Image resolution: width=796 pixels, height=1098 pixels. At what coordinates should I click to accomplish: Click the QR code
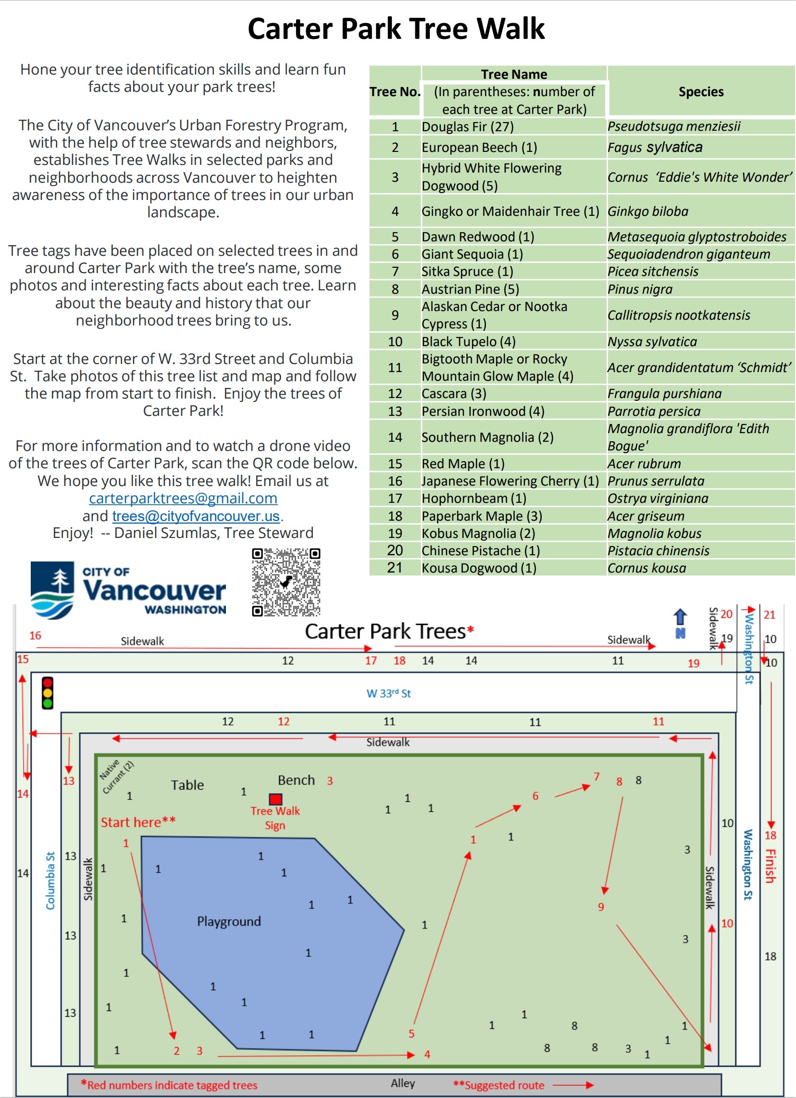point(286,582)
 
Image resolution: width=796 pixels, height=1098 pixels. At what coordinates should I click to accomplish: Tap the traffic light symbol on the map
point(48,693)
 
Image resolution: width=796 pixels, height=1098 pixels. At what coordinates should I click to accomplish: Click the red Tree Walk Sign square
point(275,799)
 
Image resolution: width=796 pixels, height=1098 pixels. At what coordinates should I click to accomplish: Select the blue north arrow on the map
point(680,623)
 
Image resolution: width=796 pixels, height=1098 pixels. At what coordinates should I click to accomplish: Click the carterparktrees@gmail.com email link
point(183,498)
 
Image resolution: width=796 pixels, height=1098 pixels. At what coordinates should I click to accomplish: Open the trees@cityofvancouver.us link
point(196,516)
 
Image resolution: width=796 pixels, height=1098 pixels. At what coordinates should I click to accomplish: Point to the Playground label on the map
point(228,921)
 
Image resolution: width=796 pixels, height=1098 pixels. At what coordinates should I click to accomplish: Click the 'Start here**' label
point(138,822)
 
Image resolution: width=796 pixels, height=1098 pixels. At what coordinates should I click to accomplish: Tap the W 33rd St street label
point(388,693)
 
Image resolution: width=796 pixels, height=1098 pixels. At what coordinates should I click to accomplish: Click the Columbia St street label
point(50,881)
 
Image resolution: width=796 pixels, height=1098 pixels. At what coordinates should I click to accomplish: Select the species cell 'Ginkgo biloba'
point(648,212)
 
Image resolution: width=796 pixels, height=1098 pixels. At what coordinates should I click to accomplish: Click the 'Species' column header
point(701,92)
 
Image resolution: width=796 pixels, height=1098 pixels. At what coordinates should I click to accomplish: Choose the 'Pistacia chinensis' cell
point(658,550)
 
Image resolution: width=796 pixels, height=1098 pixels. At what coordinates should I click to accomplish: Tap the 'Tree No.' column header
point(395,92)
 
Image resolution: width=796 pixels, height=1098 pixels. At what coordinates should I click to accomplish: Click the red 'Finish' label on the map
point(770,866)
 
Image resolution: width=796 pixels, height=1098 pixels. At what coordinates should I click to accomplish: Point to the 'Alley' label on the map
point(403,1083)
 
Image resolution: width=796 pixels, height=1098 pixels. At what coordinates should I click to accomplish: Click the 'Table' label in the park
point(187,785)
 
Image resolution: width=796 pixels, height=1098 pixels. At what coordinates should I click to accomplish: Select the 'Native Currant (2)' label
point(116,776)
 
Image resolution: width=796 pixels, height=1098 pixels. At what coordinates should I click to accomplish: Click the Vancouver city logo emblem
point(52,590)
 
